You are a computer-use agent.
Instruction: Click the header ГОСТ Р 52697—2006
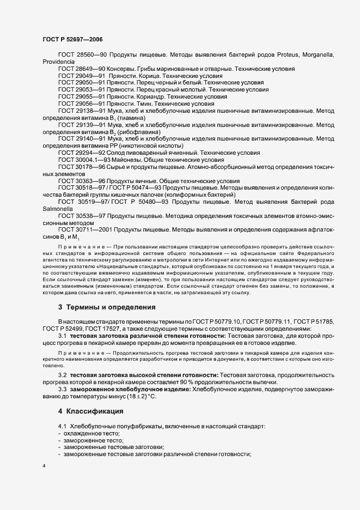[x=71, y=39]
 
